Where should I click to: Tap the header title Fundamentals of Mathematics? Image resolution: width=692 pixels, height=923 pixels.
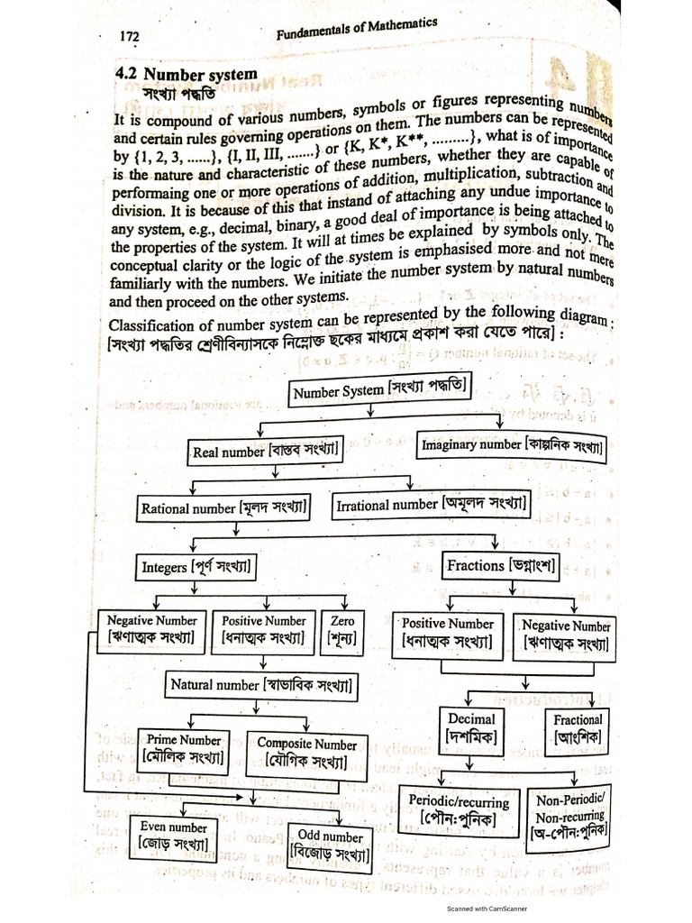coord(356,30)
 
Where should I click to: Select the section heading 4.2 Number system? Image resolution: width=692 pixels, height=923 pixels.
coord(187,74)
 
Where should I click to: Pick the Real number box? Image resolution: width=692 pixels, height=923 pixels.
coord(265,452)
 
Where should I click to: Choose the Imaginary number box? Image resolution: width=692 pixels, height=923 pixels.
coord(513,445)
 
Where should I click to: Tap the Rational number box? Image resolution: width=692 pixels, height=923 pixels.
coord(225,508)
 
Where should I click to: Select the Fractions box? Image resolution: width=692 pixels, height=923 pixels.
coord(502,566)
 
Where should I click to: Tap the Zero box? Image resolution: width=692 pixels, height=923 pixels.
coord(342,631)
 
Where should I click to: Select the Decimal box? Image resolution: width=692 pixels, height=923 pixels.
coord(471,729)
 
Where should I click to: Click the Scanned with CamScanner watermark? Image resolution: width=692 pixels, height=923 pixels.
coord(487,909)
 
